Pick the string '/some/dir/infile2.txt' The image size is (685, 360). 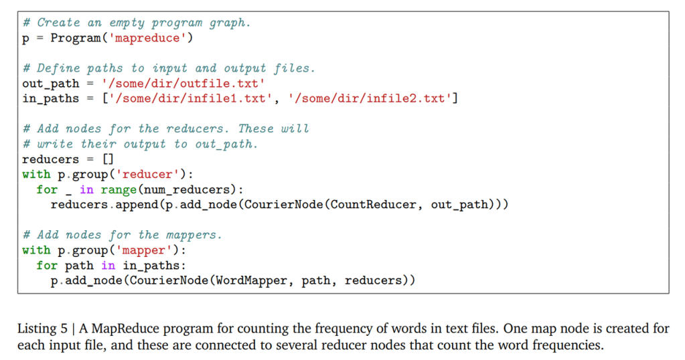(x=370, y=99)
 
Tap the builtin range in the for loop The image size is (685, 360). (x=118, y=189)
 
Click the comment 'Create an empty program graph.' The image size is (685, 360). (x=136, y=23)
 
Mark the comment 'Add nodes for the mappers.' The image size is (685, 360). (x=122, y=235)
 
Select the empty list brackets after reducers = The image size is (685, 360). (x=107, y=159)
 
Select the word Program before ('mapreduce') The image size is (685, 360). (x=75, y=38)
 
